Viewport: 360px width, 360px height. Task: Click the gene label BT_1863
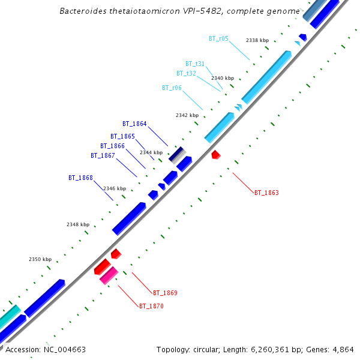click(x=266, y=193)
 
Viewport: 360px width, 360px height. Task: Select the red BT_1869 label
click(x=165, y=293)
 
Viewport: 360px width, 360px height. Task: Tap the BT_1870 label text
click(x=151, y=306)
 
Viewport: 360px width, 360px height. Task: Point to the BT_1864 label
click(x=134, y=124)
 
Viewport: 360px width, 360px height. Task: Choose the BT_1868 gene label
click(x=80, y=178)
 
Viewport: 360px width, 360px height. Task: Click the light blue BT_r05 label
click(x=218, y=38)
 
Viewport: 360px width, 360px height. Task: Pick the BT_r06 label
click(x=172, y=88)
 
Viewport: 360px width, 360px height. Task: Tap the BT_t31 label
click(x=195, y=64)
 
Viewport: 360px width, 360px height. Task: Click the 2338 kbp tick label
click(x=257, y=40)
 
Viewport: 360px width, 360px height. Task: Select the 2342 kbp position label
click(x=187, y=115)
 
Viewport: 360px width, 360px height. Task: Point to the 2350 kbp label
click(x=40, y=259)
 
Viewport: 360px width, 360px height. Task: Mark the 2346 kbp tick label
click(x=115, y=188)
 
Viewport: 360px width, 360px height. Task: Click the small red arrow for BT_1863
click(x=216, y=155)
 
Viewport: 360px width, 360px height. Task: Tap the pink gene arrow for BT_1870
click(x=109, y=275)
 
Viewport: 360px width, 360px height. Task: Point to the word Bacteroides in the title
click(x=84, y=11)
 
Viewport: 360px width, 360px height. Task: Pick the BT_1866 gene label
click(x=112, y=146)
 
